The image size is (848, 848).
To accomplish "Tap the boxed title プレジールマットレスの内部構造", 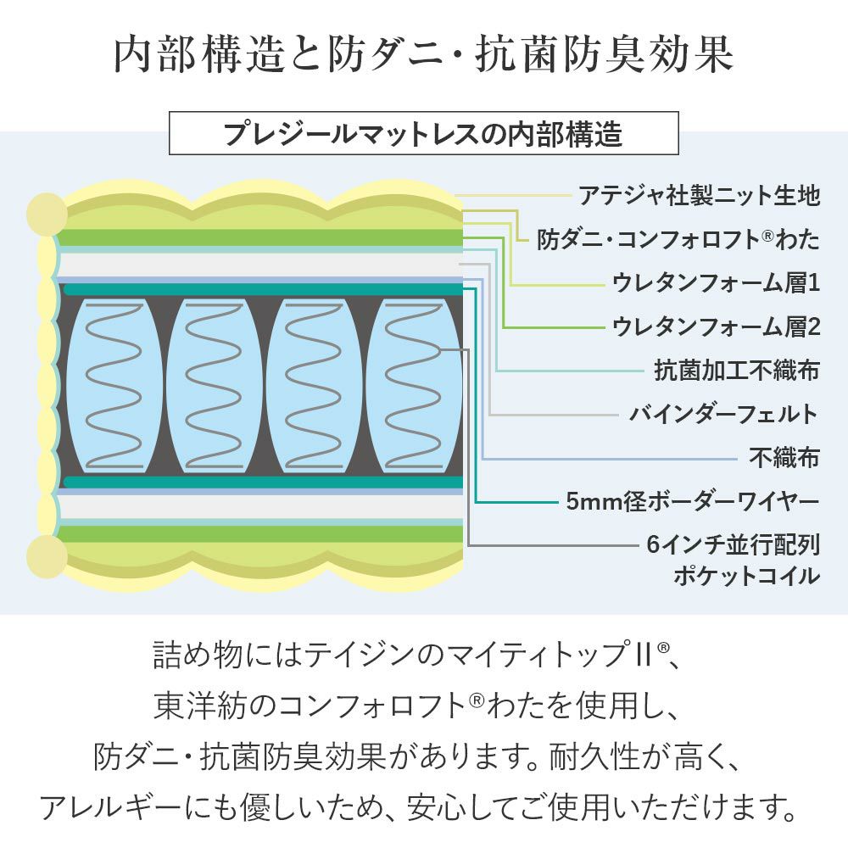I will [x=423, y=134].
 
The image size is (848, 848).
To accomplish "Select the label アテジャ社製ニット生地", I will [x=699, y=196].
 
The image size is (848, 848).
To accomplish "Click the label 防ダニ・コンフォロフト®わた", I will [x=678, y=240].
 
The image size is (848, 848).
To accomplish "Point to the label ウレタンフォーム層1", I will [x=715, y=283].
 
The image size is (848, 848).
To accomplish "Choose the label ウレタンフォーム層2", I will [x=715, y=326].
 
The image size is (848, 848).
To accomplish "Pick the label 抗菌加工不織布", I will [x=736, y=371].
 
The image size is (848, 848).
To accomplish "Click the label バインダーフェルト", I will [x=723, y=415].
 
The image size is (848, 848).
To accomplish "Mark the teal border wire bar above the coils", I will [x=263, y=289].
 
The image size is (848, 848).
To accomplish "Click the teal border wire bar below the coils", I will [x=263, y=482].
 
